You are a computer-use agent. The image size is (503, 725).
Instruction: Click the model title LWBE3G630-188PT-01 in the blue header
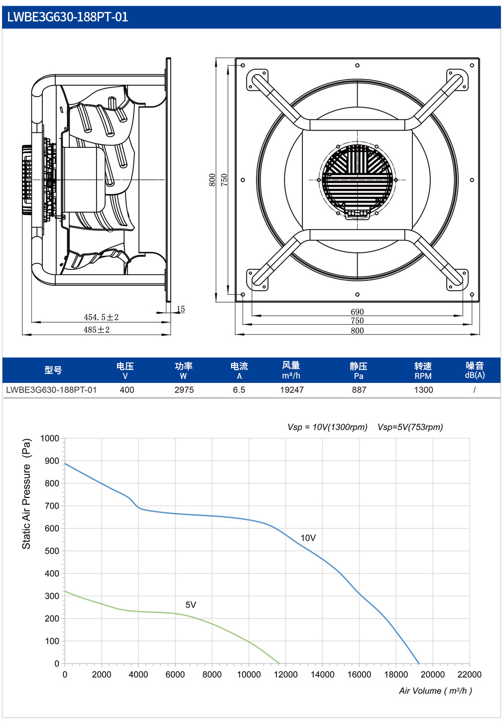[68, 17]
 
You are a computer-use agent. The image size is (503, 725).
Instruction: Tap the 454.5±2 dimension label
[101, 317]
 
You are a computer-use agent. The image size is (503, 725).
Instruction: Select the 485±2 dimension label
[97, 330]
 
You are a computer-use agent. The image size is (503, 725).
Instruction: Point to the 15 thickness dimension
[181, 309]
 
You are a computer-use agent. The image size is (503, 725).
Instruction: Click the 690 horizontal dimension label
[358, 312]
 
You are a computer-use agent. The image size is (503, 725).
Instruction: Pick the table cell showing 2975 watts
[184, 390]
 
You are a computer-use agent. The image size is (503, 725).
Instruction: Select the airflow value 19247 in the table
[292, 390]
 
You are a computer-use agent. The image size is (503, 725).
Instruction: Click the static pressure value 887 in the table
[359, 390]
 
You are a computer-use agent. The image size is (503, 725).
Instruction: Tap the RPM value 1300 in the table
[423, 390]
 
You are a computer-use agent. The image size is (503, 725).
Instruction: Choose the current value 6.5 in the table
[239, 390]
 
